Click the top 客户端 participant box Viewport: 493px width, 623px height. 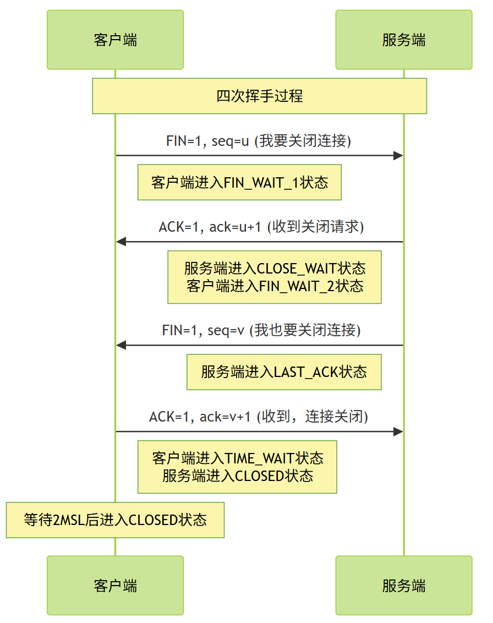tap(115, 40)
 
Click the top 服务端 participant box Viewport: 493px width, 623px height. tap(404, 40)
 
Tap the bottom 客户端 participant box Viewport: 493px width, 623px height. tap(115, 585)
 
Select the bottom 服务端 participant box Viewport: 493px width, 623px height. tap(404, 585)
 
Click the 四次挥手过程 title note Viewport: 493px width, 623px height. tap(259, 96)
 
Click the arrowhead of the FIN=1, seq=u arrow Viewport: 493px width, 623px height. tap(398, 156)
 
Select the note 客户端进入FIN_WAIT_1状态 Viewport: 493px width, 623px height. tap(239, 182)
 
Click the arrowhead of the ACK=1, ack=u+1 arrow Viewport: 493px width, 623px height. tap(121, 242)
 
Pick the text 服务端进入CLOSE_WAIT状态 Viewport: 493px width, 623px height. tap(275, 269)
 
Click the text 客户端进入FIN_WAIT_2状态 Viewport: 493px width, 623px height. tap(275, 286)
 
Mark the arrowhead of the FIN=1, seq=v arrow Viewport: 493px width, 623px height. tap(121, 345)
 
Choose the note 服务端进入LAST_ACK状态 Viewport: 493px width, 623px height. tap(284, 372)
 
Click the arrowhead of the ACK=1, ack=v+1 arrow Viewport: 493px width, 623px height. tap(398, 431)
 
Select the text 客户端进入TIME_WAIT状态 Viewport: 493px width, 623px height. tap(237, 458)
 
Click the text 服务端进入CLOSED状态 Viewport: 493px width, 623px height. tap(237, 476)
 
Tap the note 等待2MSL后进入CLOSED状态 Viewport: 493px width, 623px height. tap(115, 520)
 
